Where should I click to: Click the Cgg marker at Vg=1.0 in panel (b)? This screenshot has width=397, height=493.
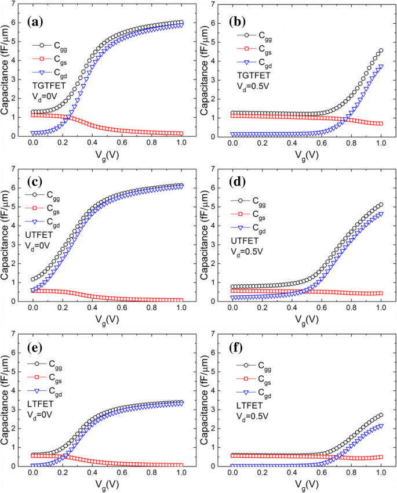(x=381, y=51)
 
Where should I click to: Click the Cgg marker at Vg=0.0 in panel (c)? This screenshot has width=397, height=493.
(x=33, y=280)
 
